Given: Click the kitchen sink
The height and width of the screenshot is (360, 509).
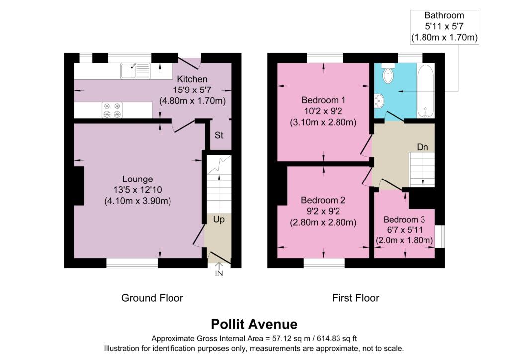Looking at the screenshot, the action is (135, 71).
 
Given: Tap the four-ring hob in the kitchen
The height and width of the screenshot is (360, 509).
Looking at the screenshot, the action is (112, 110).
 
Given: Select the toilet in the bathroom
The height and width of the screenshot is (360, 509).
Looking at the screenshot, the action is (388, 74).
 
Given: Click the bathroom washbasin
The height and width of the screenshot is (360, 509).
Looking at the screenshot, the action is (379, 100).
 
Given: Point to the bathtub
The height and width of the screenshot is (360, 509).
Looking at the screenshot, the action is (425, 91).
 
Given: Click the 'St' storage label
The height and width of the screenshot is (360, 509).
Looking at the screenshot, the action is (219, 135).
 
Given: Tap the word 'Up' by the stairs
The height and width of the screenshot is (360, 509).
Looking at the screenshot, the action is (219, 220).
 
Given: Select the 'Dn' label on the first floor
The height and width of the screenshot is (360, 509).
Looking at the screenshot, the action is (423, 147).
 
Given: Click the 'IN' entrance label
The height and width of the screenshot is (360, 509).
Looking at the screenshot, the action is (219, 273).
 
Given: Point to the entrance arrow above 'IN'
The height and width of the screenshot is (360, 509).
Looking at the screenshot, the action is (219, 266).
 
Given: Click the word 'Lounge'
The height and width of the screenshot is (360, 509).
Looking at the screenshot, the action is (137, 179).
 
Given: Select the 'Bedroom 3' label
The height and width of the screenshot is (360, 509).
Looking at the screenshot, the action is (404, 220).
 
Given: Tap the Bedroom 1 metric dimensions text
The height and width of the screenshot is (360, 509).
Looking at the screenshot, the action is (323, 123).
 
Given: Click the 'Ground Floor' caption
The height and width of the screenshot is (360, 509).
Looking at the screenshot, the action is (152, 298).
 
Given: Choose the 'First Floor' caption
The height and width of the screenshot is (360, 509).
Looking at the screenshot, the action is (355, 298).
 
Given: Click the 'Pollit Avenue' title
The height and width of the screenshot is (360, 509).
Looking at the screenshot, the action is (254, 324).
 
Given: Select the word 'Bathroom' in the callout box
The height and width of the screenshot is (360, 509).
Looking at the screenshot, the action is (444, 15).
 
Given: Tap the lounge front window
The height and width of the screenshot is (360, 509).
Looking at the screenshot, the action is (132, 263).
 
